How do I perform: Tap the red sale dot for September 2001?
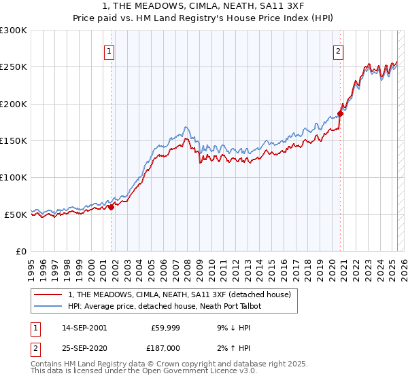111,207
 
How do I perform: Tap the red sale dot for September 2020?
341,113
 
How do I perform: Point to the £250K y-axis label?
14,67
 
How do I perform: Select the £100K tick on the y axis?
14,178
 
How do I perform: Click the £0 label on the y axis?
20,251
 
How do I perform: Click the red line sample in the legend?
48,294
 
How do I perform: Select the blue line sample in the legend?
48,306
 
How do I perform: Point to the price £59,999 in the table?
165,328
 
